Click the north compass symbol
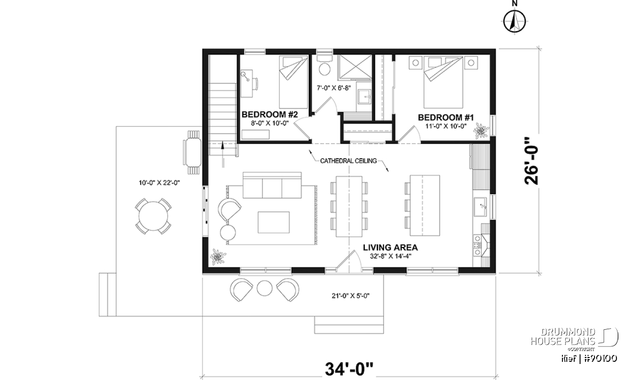[x=514, y=21]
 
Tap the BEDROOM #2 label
[x=270, y=114]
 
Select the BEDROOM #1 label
[x=446, y=118]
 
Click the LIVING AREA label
[x=390, y=247]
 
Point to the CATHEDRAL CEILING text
[x=348, y=161]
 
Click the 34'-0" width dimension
[x=349, y=369]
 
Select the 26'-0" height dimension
[x=531, y=165]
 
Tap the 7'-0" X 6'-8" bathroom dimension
[x=334, y=88]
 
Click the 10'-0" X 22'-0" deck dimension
[x=159, y=183]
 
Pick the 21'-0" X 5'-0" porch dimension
[x=350, y=296]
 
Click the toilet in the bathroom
[x=325, y=66]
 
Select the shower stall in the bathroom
[x=355, y=66]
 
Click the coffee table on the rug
[x=273, y=222]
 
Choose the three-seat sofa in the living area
[x=272, y=185]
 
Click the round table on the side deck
[x=153, y=216]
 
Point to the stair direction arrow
[x=222, y=154]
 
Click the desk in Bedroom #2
[x=246, y=83]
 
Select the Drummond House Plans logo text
[x=563, y=336]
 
